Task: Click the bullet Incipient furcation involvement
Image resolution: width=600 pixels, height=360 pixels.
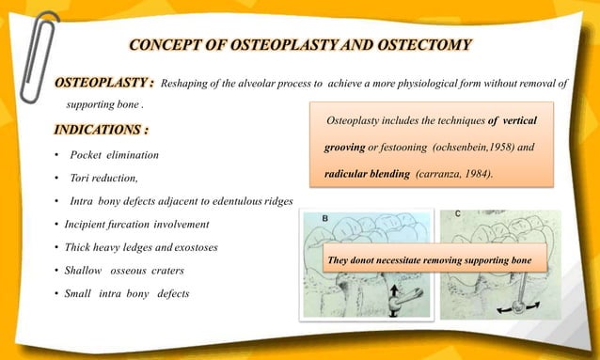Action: point(136,225)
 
